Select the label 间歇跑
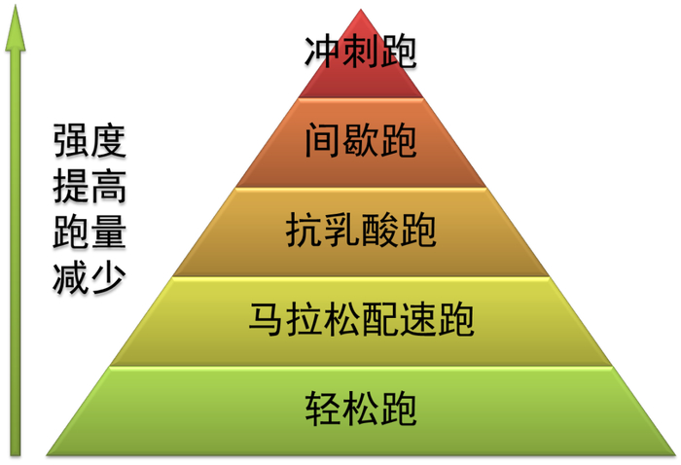point(361,142)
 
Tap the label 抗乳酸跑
point(361,232)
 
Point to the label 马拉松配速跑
point(361,318)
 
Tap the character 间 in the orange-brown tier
point(323,142)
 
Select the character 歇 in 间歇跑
point(361,142)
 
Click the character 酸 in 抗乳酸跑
point(379,232)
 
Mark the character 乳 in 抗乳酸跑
point(342,232)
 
